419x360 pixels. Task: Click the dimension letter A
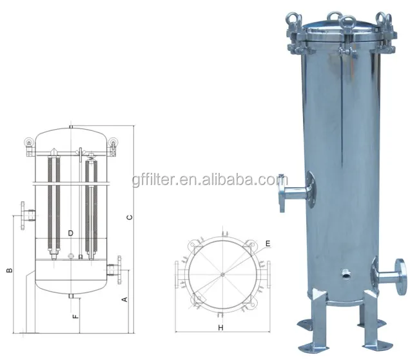point(125,299)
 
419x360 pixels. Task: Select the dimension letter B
point(9,270)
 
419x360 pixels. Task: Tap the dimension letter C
point(129,217)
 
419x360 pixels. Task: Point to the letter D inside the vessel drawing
point(70,232)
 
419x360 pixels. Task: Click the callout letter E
point(267,244)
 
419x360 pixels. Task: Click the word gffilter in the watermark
point(153,175)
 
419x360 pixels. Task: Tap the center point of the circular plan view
point(222,274)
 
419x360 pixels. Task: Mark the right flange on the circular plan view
point(267,274)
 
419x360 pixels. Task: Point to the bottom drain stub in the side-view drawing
point(70,296)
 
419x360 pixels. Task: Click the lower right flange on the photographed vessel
point(400,274)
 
